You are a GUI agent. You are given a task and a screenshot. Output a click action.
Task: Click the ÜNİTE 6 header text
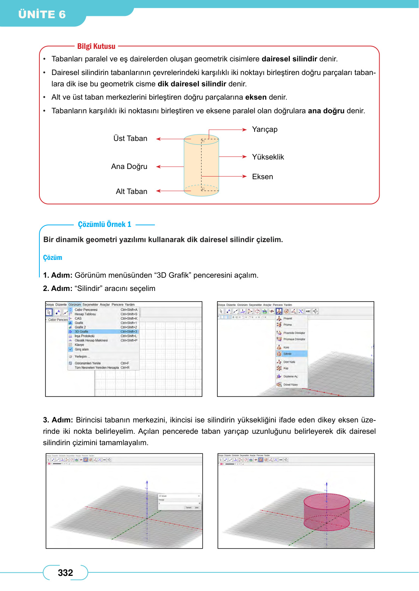[42, 14]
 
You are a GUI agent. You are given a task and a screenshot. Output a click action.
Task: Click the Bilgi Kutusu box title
[96, 46]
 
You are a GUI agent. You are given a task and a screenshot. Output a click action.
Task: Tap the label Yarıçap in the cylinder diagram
[265, 130]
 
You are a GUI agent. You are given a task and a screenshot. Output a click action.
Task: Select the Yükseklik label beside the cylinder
[268, 157]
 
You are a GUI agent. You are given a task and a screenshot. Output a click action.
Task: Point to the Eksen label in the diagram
[263, 177]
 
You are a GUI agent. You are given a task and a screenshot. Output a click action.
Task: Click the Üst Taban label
[130, 139]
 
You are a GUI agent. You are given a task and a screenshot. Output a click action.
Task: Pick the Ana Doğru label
[129, 167]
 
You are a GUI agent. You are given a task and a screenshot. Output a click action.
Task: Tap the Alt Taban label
[131, 192]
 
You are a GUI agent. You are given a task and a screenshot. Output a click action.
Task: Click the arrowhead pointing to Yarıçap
[245, 130]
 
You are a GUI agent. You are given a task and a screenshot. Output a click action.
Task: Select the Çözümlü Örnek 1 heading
[105, 224]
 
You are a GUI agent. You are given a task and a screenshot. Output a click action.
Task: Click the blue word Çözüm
[53, 258]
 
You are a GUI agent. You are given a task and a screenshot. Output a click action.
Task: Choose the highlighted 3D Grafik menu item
[81, 331]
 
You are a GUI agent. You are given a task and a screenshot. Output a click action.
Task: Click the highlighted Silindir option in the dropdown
[288, 354]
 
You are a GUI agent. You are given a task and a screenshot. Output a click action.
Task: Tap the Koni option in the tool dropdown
[286, 347]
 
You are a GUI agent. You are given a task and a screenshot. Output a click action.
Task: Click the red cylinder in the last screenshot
[327, 511]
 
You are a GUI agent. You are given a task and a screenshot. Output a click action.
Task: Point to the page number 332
[65, 573]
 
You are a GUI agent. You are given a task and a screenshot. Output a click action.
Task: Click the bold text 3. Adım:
[58, 420]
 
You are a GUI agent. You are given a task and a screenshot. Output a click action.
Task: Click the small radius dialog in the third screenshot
[179, 502]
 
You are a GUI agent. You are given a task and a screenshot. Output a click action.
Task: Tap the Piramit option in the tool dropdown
[288, 319]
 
